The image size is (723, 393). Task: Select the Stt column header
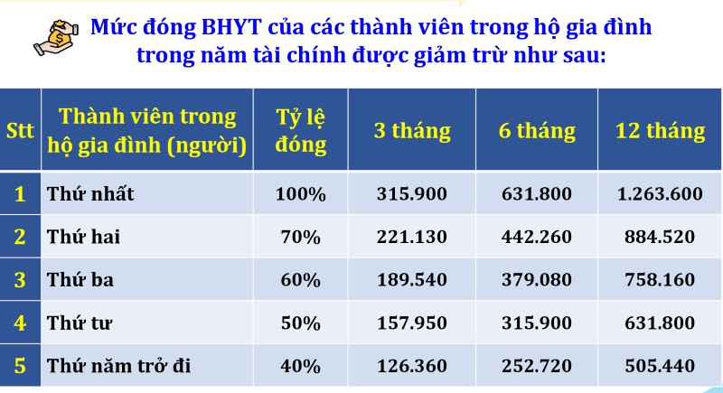(x=20, y=130)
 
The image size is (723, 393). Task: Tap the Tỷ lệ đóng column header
(x=301, y=130)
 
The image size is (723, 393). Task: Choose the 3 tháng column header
(x=412, y=130)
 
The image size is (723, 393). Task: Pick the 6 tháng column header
(x=537, y=130)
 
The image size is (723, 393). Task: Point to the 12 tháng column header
(x=660, y=130)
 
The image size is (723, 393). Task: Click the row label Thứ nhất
(x=90, y=193)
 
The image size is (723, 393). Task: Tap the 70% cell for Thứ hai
(x=301, y=237)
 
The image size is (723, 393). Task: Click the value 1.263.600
(x=660, y=193)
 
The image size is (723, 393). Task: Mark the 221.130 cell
(x=412, y=237)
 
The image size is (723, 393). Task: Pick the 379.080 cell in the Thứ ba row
(x=537, y=280)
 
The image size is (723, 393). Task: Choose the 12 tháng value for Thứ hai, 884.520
(x=660, y=237)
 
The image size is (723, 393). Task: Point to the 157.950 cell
(x=412, y=323)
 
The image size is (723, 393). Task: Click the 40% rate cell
(x=301, y=366)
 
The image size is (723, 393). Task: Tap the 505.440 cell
(x=660, y=366)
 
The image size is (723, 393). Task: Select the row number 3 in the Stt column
(x=20, y=280)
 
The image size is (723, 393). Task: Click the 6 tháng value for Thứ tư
(x=537, y=323)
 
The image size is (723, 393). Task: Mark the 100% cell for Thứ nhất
(x=301, y=193)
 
